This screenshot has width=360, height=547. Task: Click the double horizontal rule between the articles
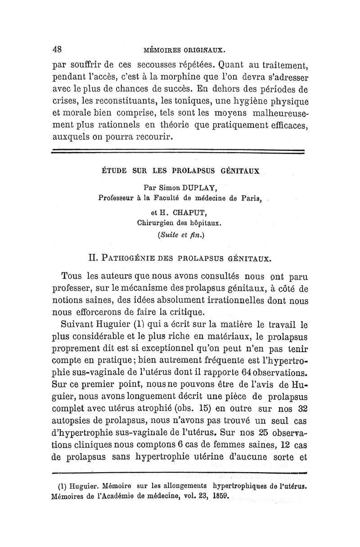pos(179,152)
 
